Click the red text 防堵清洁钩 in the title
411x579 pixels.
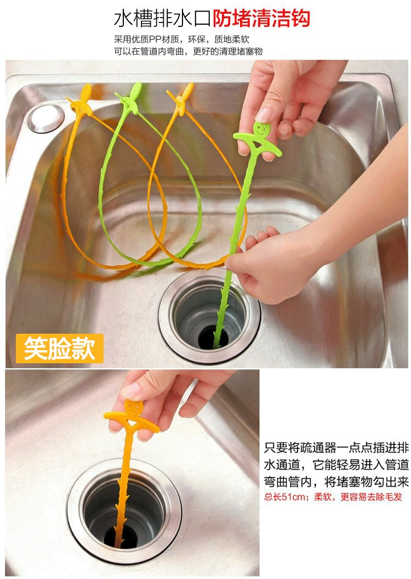[x=261, y=19]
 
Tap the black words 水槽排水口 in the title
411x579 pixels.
[x=163, y=19]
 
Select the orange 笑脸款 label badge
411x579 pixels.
[x=59, y=348]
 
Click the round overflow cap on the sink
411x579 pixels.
[x=47, y=118]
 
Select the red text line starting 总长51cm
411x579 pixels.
[x=333, y=497]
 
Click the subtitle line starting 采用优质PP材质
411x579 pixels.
[x=182, y=40]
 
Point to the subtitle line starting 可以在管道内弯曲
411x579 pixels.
[x=189, y=52]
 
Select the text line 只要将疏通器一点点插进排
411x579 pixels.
[x=336, y=448]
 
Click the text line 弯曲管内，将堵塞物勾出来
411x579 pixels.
[x=336, y=481]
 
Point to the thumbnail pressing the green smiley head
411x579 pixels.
[x=264, y=115]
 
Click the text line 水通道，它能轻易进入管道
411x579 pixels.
[x=336, y=464]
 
